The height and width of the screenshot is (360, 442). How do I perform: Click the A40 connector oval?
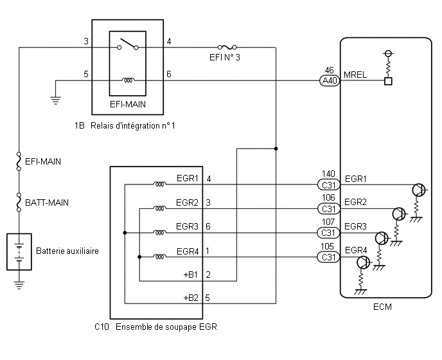point(330,81)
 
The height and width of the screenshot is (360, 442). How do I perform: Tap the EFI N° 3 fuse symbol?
point(227,47)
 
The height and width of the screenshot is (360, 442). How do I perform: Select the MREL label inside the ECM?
point(355,75)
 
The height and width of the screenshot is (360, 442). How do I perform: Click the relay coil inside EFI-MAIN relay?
point(128,80)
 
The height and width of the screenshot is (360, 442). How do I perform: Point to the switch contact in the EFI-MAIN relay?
point(128,44)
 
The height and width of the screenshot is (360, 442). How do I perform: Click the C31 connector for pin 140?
point(329,185)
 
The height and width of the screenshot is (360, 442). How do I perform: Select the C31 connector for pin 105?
point(328,257)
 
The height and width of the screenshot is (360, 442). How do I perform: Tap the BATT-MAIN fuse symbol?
point(19,203)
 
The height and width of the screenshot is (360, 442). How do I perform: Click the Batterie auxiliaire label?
point(67,251)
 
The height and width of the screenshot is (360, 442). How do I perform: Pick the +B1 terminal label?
point(191,274)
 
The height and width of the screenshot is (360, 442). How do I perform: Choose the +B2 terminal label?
point(191,298)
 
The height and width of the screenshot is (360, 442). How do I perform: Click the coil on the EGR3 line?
point(159,233)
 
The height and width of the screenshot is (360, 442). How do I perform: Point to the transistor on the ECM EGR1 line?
point(419,190)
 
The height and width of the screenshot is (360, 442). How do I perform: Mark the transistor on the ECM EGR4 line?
point(364,263)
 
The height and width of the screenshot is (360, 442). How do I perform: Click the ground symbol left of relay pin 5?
point(55,100)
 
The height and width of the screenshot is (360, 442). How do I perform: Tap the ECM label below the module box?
point(382,307)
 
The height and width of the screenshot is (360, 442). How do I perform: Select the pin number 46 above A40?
point(329,70)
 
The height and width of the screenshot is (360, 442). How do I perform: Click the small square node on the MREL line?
point(388,81)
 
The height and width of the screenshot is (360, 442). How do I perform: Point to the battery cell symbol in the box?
point(19,252)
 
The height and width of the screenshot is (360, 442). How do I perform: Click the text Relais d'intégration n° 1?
point(133,125)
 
